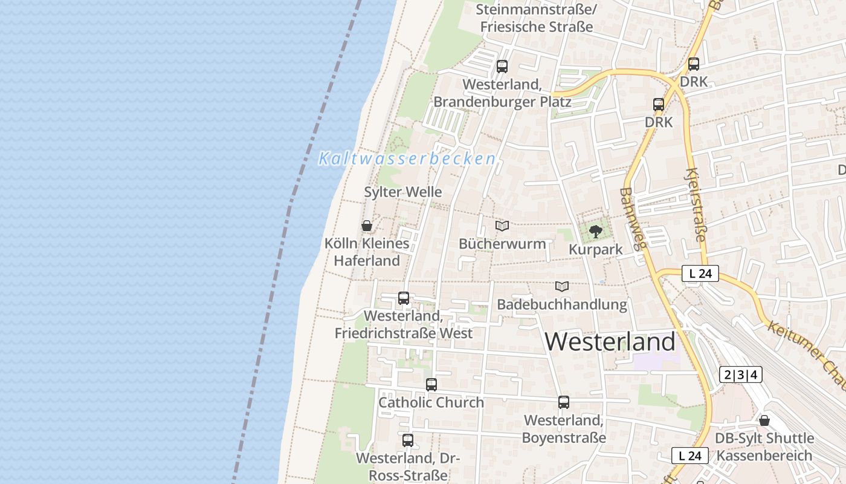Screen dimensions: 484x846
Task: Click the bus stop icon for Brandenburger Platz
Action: tap(502, 67)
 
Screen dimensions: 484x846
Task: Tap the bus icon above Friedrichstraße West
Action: tap(403, 298)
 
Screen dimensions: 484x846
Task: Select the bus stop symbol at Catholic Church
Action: tap(431, 385)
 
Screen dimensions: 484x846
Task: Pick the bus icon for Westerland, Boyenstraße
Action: tap(563, 402)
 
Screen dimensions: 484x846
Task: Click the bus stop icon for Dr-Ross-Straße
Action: tap(408, 440)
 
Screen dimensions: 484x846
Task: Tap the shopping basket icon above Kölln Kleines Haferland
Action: tap(367, 226)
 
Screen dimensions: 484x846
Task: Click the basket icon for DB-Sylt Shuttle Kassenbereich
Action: tap(764, 420)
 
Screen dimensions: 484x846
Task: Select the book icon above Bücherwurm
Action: tap(502, 226)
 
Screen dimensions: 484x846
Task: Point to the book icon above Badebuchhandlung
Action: tap(562, 287)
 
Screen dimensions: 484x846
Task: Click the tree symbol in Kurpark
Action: tap(596, 231)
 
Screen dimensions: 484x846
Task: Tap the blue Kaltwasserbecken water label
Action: tap(407, 159)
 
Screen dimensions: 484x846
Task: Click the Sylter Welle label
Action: tap(403, 192)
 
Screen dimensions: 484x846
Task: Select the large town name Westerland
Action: tap(610, 342)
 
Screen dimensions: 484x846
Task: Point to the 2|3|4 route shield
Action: tap(741, 374)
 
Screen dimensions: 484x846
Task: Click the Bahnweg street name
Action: tap(633, 218)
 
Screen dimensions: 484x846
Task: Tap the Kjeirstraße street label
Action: tap(695, 204)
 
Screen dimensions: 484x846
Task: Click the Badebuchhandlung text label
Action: tap(562, 304)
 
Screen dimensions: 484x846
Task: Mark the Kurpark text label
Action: tap(596, 250)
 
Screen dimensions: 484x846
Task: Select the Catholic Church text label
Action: tap(431, 402)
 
